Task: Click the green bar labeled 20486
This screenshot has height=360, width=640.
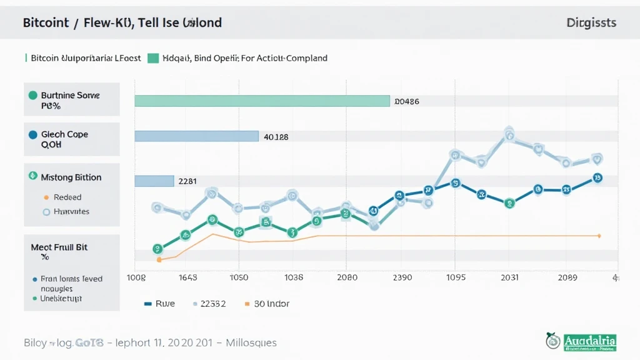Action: tap(262, 101)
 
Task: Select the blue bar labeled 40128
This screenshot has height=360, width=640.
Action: tap(196, 136)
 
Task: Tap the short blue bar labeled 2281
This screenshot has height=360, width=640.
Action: tap(154, 181)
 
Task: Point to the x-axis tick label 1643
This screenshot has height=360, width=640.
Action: tap(187, 277)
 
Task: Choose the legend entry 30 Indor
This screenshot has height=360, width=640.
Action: tap(267, 304)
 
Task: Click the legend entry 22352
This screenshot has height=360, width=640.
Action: tap(209, 304)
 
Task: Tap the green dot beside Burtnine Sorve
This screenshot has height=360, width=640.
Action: tap(33, 96)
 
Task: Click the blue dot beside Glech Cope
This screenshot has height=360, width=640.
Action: tap(33, 134)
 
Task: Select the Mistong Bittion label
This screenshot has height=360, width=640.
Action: tap(71, 177)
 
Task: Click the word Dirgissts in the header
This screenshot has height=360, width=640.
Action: tap(591, 23)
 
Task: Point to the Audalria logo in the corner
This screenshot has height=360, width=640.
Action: tap(581, 341)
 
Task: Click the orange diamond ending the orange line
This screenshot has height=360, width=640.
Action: tap(599, 236)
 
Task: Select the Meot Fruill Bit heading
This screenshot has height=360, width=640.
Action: tap(59, 247)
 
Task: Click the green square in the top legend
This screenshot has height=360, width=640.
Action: tap(153, 58)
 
